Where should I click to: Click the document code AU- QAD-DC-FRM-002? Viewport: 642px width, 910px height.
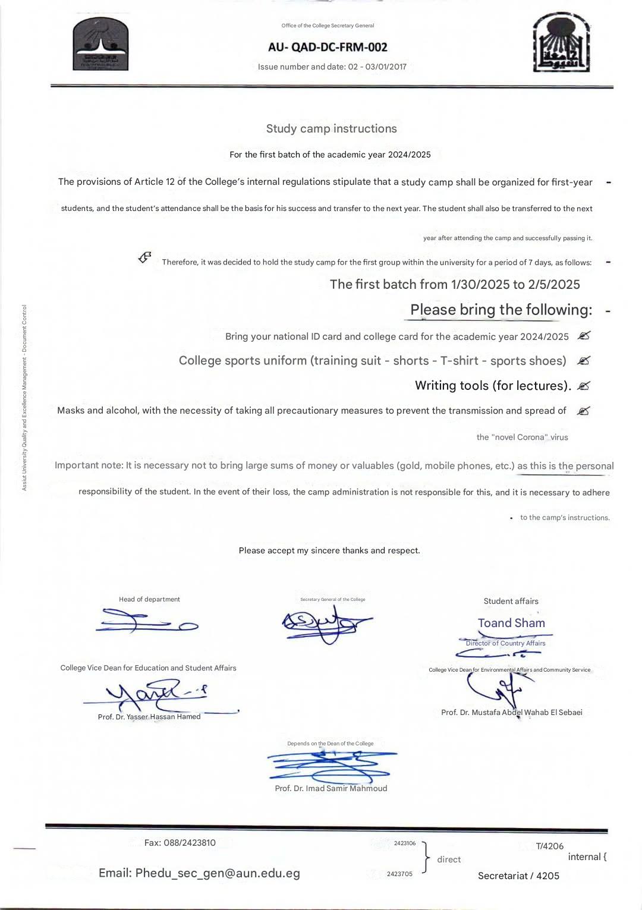coord(328,47)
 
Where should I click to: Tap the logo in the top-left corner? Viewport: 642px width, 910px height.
coord(100,45)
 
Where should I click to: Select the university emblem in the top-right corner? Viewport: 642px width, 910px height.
coord(561,43)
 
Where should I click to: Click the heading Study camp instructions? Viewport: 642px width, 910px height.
coord(331,128)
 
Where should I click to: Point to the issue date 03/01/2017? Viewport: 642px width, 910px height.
coord(386,67)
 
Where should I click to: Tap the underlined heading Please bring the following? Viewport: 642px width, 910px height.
coord(501,310)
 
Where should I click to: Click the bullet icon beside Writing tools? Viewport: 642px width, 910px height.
coord(584,386)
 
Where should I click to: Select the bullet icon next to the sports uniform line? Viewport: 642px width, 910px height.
coord(584,361)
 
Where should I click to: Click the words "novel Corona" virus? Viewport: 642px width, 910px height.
coord(522,437)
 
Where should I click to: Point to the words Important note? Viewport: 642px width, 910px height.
coord(89,465)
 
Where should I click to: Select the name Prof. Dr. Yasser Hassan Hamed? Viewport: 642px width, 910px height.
coord(149,716)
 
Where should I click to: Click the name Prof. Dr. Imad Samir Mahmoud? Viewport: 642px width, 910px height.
coord(331,788)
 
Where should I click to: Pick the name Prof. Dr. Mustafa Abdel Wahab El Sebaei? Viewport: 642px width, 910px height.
coord(511,712)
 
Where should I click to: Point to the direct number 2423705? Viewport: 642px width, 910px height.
coord(399,874)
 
